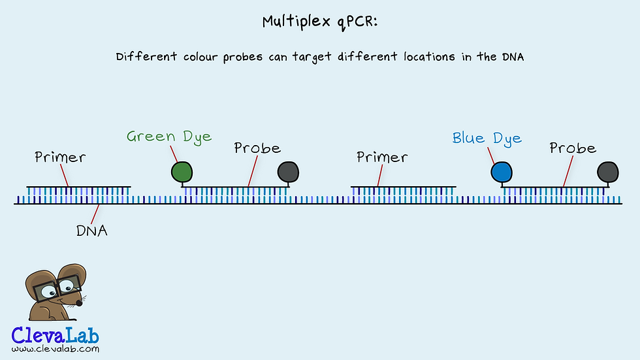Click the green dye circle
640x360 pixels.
[x=182, y=171]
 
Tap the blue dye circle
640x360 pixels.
[x=502, y=171]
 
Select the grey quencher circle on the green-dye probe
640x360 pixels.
[x=288, y=171]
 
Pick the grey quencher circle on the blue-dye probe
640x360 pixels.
[x=608, y=171]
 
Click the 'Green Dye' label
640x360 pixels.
[x=169, y=137]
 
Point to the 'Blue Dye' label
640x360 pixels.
[x=487, y=139]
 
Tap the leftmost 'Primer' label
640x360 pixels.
[x=60, y=157]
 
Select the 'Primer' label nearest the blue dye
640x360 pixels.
[x=382, y=157]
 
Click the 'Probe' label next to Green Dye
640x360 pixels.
[x=257, y=148]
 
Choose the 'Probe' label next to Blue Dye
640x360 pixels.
[x=573, y=148]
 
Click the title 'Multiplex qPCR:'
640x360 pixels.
[x=320, y=22]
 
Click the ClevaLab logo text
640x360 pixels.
[x=56, y=335]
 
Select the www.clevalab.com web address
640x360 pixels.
[x=56, y=349]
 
